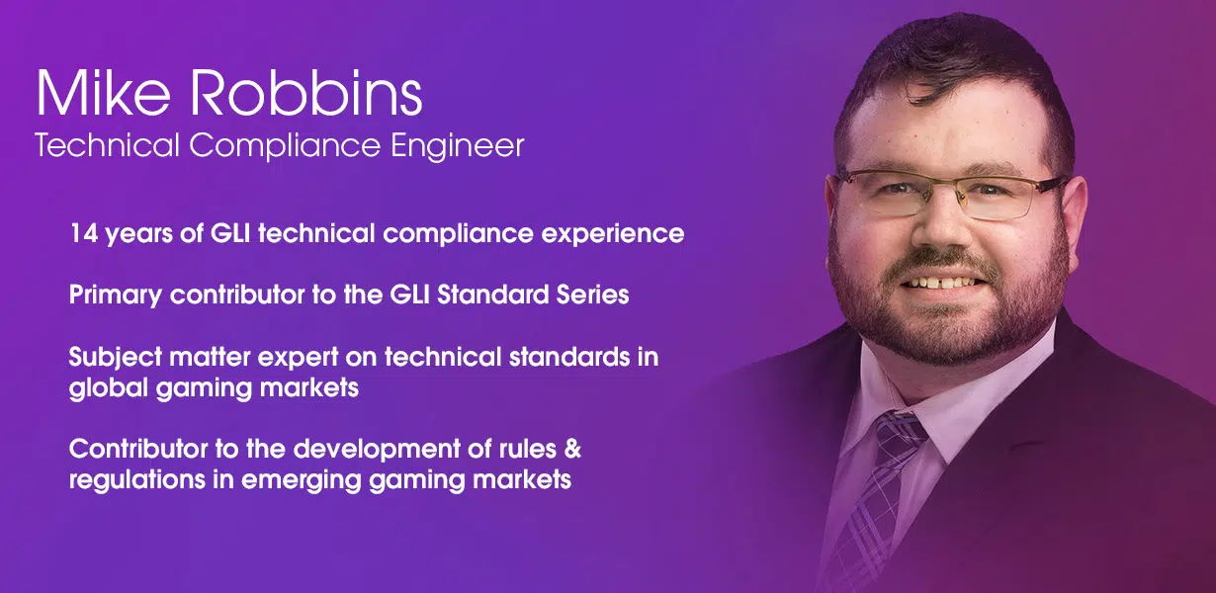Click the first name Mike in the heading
point(103,92)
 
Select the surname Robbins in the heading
point(306,92)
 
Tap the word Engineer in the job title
point(458,146)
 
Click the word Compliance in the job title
point(285,145)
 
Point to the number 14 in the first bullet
point(84,233)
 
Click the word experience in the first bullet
point(612,235)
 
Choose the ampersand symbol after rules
point(572,450)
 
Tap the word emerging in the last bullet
point(302,481)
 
